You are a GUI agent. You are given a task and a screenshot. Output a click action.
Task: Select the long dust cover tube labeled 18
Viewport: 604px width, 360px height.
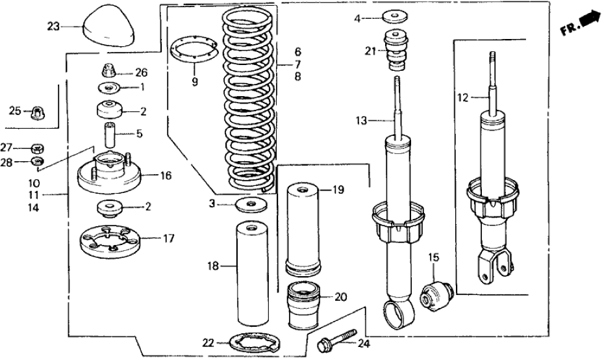(x=249, y=274)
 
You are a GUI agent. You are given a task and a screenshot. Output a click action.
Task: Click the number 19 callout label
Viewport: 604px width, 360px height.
(x=338, y=190)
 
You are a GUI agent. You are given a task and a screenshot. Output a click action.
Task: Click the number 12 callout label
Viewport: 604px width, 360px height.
(x=462, y=98)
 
